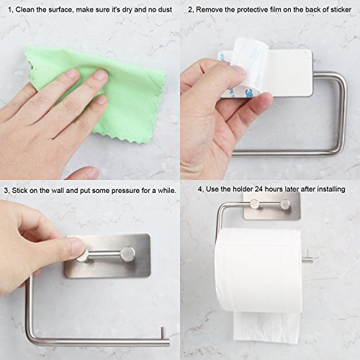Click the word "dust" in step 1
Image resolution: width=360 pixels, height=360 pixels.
[165, 10]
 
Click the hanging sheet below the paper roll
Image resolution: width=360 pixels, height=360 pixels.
[266, 327]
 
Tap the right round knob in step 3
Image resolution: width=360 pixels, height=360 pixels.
[127, 254]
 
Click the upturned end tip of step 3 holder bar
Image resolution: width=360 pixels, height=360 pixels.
[163, 328]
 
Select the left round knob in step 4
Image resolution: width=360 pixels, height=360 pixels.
[255, 204]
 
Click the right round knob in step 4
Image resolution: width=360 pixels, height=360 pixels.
[285, 204]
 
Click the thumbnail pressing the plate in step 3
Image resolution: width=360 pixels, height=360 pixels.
[77, 247]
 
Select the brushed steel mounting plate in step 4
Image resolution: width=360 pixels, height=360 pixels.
[272, 206]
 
